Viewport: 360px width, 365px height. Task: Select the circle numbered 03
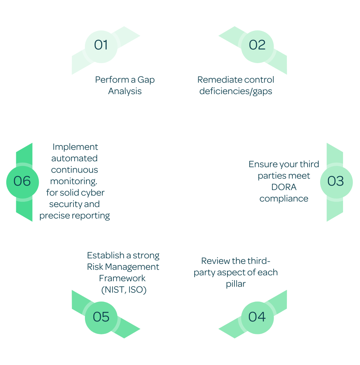[x=336, y=182]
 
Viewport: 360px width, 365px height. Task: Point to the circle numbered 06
[x=23, y=182]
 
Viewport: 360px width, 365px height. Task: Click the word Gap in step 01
[x=146, y=80]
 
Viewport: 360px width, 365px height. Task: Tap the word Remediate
[x=216, y=80]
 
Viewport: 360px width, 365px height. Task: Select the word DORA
[x=284, y=187]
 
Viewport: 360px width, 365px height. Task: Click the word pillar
[x=236, y=284]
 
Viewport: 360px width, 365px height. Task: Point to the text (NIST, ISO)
[x=124, y=290]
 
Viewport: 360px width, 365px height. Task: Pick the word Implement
[x=75, y=147]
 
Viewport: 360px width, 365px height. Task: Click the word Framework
[x=122, y=278]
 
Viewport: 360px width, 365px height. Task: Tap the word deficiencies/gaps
[x=236, y=91]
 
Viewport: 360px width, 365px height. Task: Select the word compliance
[x=284, y=199]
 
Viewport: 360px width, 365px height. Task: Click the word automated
[x=74, y=158]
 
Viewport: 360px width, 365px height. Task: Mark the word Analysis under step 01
[x=125, y=91]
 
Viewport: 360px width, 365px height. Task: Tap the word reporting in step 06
[x=91, y=216]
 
